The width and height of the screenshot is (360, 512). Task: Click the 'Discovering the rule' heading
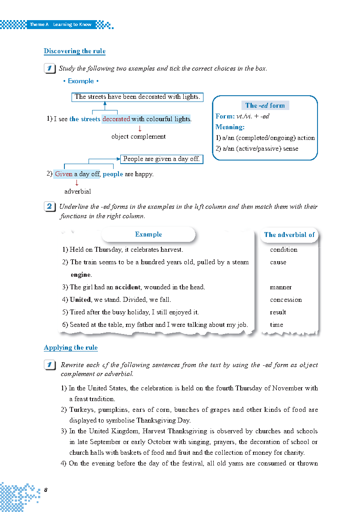point(75,51)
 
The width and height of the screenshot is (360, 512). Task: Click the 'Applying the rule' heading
point(71,347)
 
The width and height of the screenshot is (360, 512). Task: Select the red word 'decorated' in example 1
point(116,119)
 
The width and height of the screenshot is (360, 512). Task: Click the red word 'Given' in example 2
point(64,174)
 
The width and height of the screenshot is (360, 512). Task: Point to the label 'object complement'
point(138,136)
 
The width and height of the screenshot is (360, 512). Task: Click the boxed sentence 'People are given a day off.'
point(161,159)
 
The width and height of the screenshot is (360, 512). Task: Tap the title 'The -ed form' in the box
point(265,106)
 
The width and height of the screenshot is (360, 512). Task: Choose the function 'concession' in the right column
point(286,300)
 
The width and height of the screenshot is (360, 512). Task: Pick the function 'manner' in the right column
point(281,287)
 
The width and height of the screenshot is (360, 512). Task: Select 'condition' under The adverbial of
point(284,250)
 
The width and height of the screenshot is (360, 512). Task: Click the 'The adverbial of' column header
point(289,234)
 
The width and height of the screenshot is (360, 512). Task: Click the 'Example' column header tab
point(148,234)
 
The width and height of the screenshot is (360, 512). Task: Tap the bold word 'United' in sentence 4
point(80,300)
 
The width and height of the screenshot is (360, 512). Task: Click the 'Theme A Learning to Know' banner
point(60,25)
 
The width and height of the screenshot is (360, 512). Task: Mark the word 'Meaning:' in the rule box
point(230,127)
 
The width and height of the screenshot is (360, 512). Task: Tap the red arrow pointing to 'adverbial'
point(76,182)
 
